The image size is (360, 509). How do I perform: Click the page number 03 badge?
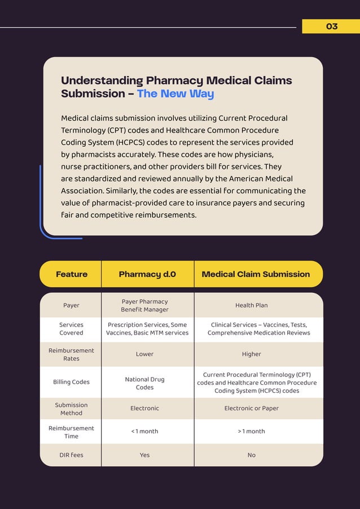tap(331, 27)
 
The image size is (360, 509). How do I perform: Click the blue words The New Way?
tap(175, 94)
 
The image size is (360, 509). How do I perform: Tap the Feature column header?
tap(72, 274)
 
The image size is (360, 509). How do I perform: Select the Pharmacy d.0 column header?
tap(147, 274)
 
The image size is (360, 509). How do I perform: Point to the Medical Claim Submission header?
tap(256, 274)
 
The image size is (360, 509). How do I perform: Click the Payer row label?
tap(71, 305)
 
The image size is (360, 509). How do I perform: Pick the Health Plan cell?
tap(252, 305)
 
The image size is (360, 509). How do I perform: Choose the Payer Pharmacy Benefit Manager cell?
tap(144, 305)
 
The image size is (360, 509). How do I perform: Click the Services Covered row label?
tap(71, 329)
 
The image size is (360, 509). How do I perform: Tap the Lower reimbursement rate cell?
tap(144, 354)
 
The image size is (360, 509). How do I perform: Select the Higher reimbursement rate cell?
tap(252, 354)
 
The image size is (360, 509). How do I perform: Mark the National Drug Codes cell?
tap(144, 383)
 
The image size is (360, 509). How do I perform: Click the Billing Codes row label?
tap(71, 382)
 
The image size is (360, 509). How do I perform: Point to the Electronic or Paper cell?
tap(252, 408)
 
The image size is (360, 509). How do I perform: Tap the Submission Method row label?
tap(71, 409)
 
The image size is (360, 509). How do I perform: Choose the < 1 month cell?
tap(144, 431)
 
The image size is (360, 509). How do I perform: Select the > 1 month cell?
tap(252, 431)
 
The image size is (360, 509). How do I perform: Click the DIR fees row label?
tap(71, 455)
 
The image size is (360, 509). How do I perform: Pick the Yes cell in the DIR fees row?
tap(144, 455)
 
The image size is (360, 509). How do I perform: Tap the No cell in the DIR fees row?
tap(252, 455)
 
